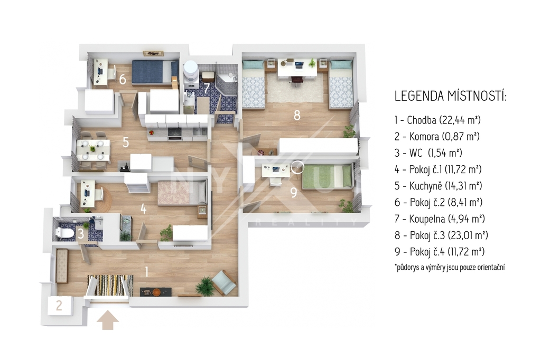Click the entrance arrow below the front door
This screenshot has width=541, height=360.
click(x=108, y=320)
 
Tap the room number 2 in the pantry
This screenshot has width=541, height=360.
click(x=59, y=305)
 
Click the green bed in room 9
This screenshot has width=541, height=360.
click(x=327, y=177)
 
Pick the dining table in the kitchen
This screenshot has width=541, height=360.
click(x=93, y=150)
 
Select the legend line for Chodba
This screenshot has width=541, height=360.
click(x=437, y=120)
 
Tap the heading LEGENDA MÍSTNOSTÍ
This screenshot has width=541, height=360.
click(x=450, y=96)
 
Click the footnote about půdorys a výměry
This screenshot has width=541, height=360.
click(x=450, y=267)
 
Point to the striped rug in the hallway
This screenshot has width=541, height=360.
click(x=110, y=285)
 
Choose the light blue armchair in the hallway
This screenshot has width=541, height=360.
click(x=224, y=282)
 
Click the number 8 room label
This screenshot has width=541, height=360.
click(x=297, y=115)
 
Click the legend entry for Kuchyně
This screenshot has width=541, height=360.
click(x=438, y=186)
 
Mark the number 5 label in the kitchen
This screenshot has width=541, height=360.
click(x=126, y=142)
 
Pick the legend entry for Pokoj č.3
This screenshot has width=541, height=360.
click(x=441, y=235)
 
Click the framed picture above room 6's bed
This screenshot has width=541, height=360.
click(x=153, y=53)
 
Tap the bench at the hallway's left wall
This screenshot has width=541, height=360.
click(x=62, y=265)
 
